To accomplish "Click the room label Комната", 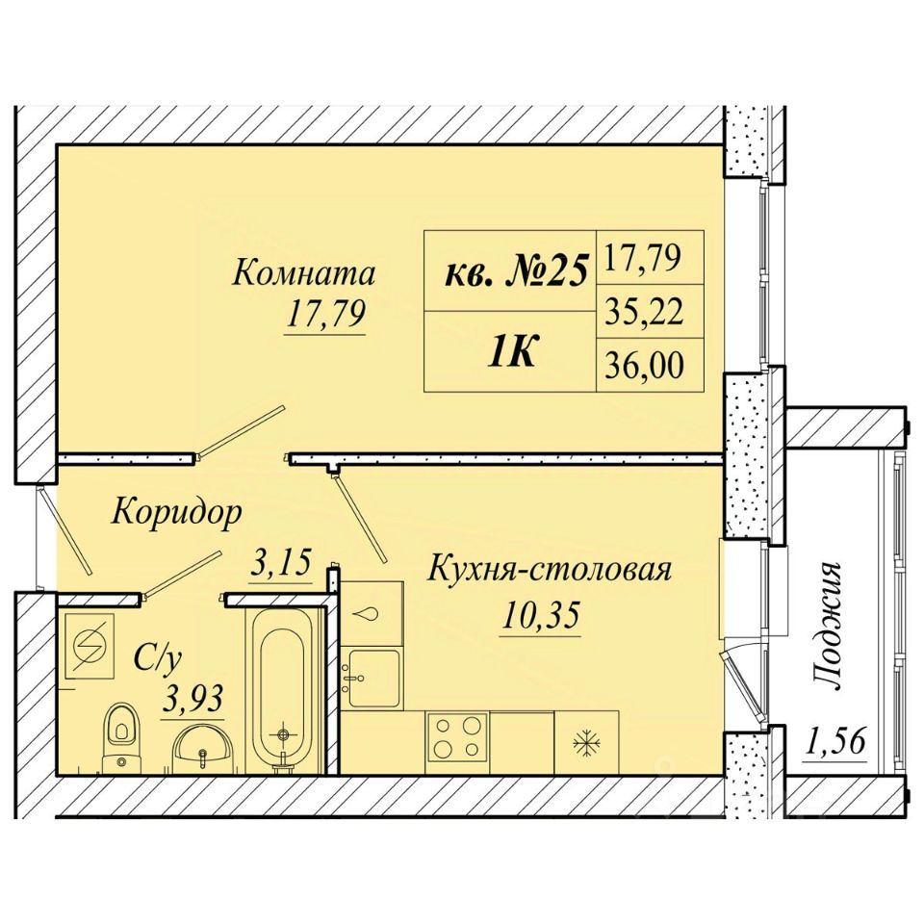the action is (x=304, y=273).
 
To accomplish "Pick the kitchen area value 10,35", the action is (x=541, y=615).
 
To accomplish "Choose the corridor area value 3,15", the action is (x=280, y=563).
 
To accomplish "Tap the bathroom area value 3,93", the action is (x=192, y=700).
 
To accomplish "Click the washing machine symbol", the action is (x=90, y=645).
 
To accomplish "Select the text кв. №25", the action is (x=516, y=272).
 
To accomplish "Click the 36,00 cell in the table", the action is (x=650, y=366).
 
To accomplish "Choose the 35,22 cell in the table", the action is (x=650, y=312).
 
